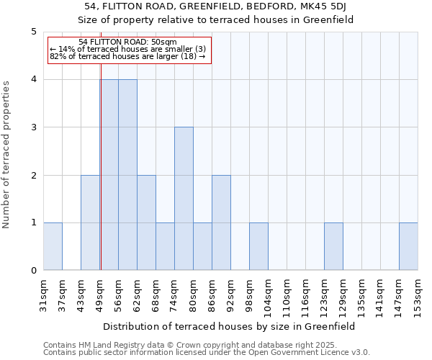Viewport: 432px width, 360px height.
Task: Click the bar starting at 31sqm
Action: pyautogui.click(x=53, y=246)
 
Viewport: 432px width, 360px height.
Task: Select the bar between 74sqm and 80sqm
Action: pyautogui.click(x=184, y=199)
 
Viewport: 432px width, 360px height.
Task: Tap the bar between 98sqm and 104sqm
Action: pyautogui.click(x=258, y=246)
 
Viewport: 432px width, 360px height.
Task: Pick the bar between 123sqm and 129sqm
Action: pyautogui.click(x=333, y=246)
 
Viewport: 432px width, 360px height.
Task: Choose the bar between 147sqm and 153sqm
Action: pyautogui.click(x=408, y=246)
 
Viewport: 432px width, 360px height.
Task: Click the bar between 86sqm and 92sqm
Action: pyautogui.click(x=221, y=222)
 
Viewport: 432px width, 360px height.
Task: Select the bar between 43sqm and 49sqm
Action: pyautogui.click(x=90, y=222)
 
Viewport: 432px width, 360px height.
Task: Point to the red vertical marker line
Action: pyautogui.click(x=101, y=180)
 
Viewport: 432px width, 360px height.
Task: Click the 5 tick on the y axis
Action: pyautogui.click(x=33, y=32)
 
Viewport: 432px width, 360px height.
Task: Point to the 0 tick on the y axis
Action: pyautogui.click(x=33, y=271)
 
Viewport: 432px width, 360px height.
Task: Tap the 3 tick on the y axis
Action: pyautogui.click(x=33, y=127)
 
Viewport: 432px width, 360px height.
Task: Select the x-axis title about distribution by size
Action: pyautogui.click(x=230, y=326)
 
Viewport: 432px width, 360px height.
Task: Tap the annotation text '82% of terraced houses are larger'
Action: pyautogui.click(x=127, y=56)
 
